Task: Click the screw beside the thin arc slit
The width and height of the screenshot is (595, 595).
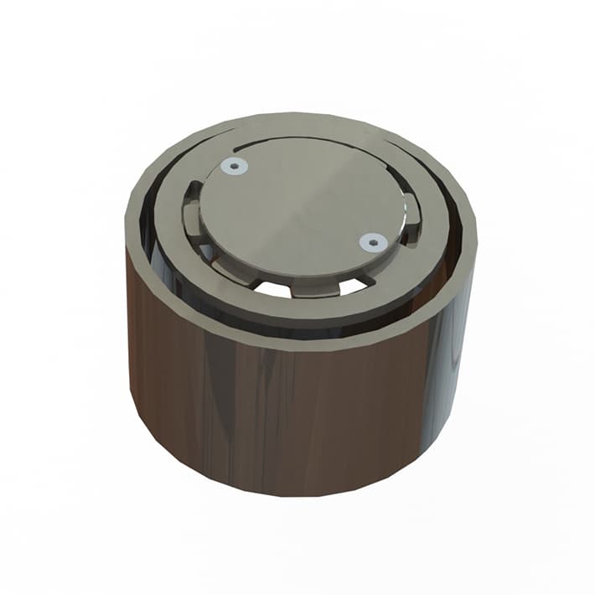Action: coord(234,167)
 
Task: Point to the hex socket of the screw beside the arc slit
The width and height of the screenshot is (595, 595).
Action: coord(234,167)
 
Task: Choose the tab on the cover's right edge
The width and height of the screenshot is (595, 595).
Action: coord(411,215)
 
